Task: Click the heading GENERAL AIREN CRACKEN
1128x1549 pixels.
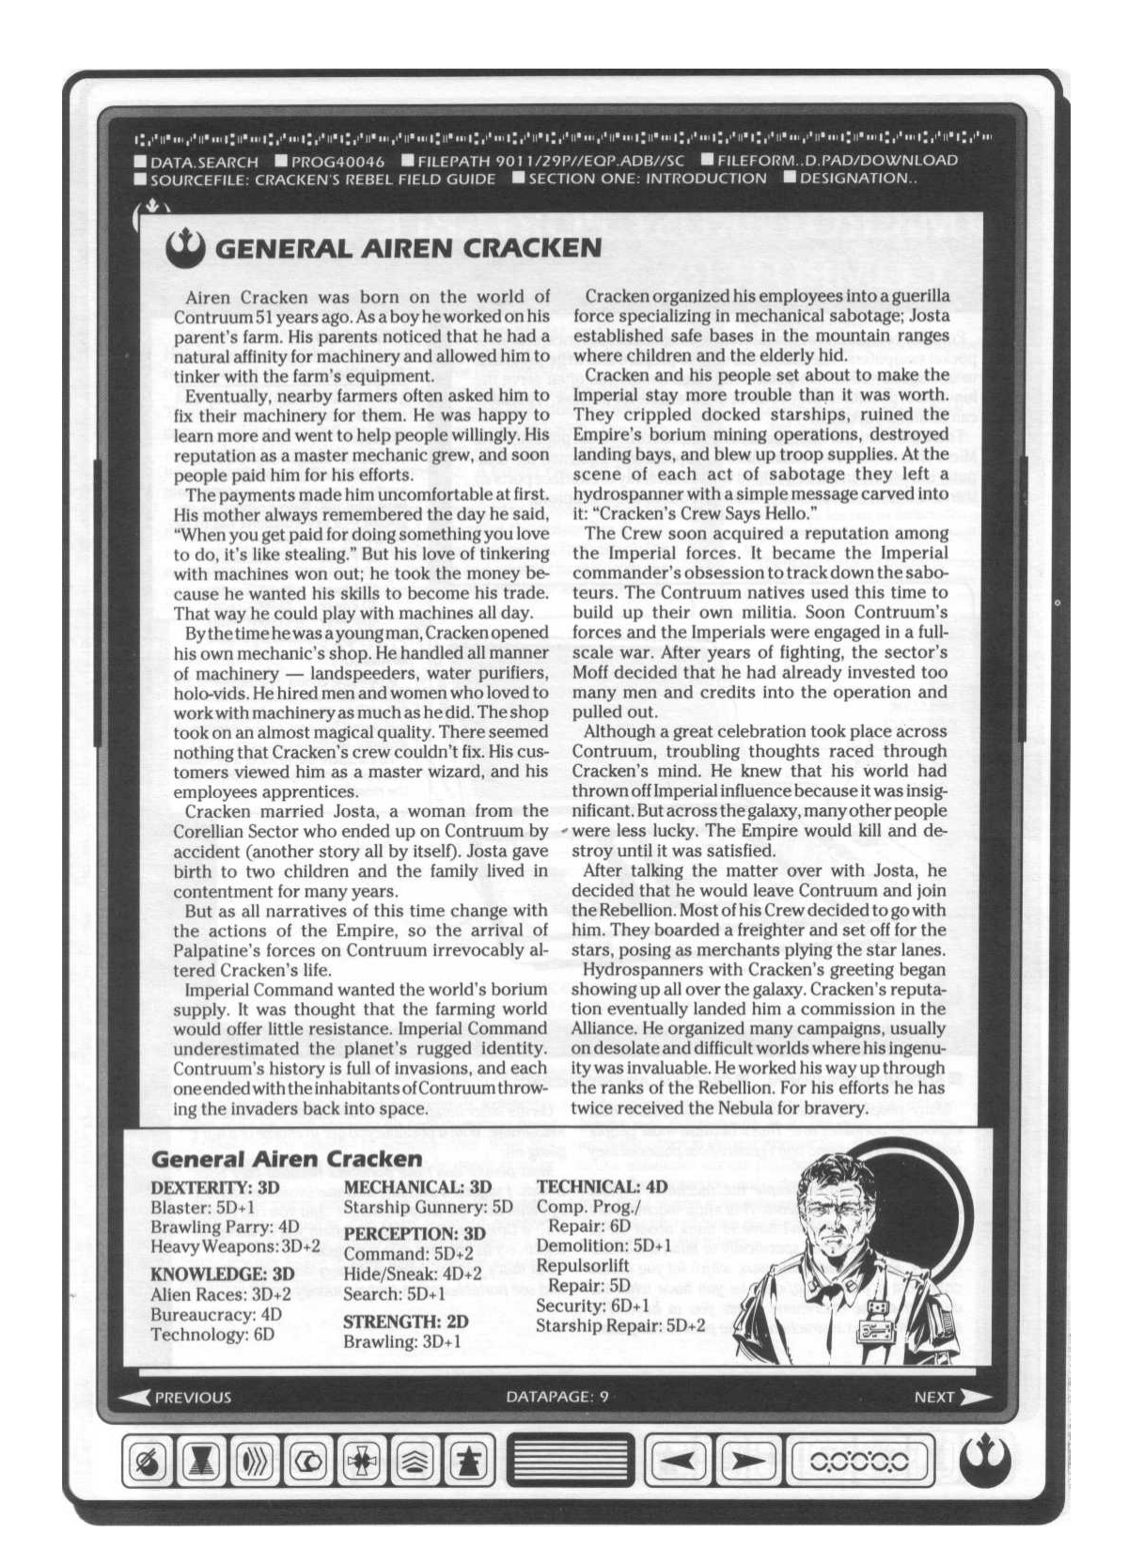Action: tap(408, 247)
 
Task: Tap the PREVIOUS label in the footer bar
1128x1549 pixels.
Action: tap(192, 1397)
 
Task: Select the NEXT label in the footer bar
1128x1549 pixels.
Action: tap(934, 1397)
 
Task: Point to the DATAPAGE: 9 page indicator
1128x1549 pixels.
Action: tap(556, 1397)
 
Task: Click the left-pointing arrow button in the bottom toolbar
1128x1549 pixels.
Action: tap(679, 1460)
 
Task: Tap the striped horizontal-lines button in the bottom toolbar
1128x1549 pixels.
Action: tap(571, 1460)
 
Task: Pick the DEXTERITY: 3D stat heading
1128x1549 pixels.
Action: tap(215, 1187)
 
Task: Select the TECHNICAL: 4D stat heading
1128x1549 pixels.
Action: tap(602, 1187)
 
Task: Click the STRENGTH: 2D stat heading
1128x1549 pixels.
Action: tap(405, 1321)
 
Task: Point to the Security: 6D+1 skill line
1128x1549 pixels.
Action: tap(592, 1306)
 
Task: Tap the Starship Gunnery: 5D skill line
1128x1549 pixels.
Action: tap(428, 1207)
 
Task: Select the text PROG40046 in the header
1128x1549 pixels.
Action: tap(337, 161)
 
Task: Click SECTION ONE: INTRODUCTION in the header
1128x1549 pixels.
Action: tap(647, 179)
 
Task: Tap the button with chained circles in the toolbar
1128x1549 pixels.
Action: tap(858, 1460)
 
